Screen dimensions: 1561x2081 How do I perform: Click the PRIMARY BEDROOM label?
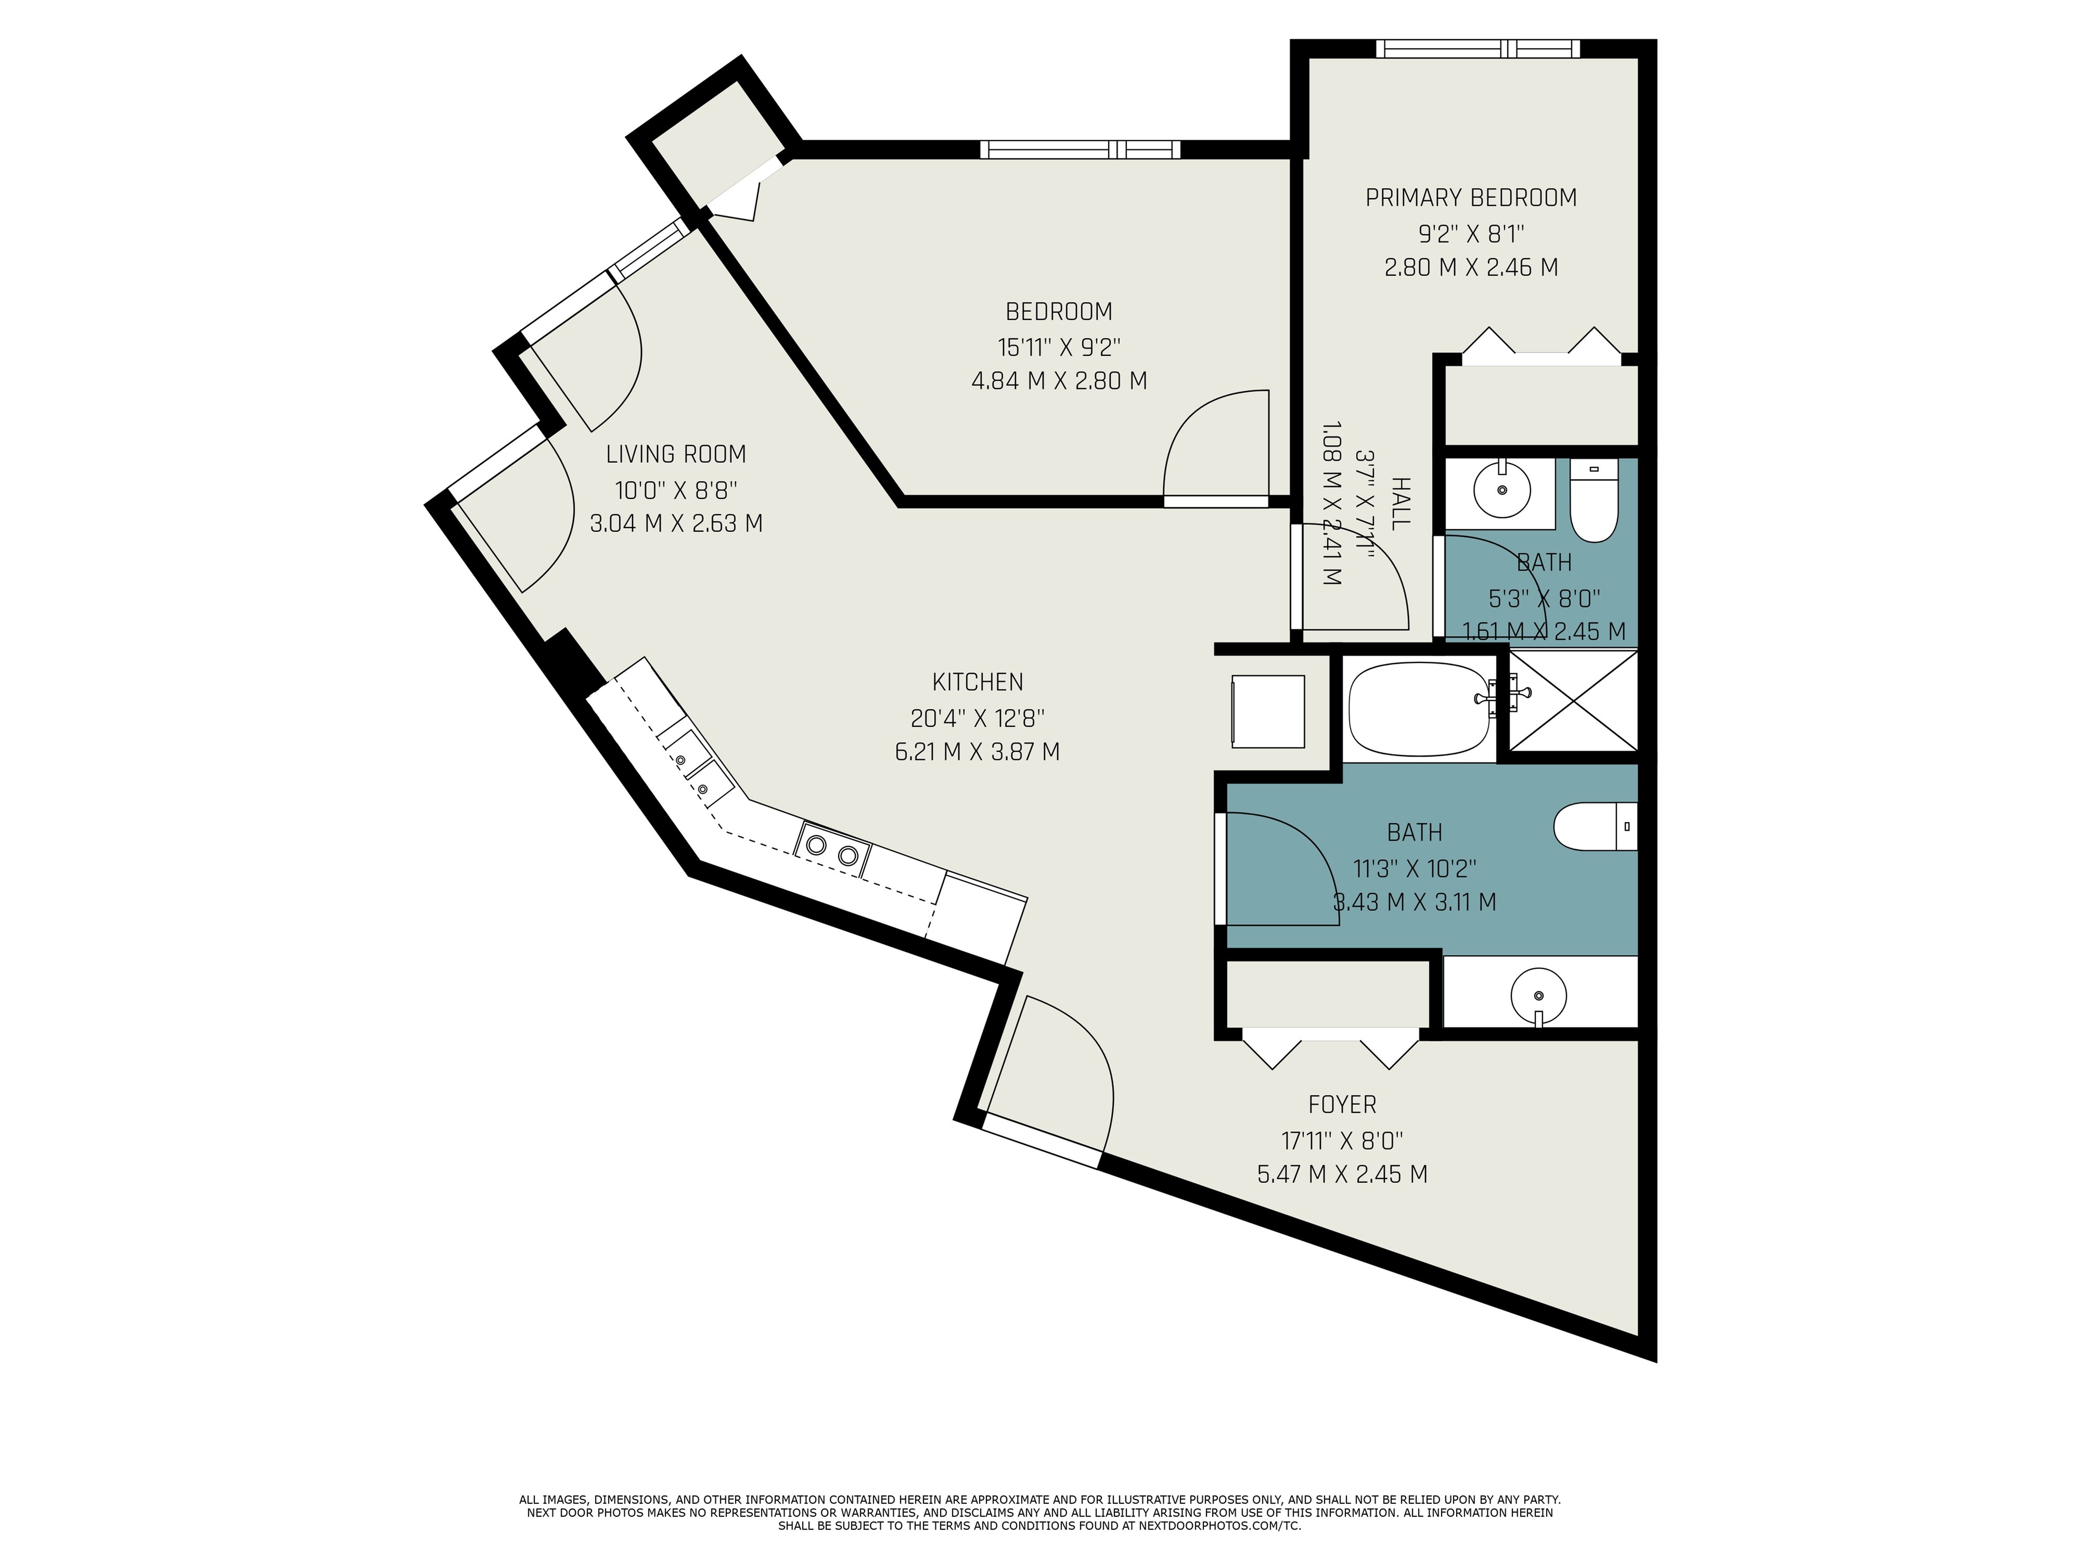click(1470, 198)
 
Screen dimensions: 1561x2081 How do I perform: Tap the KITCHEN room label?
click(978, 682)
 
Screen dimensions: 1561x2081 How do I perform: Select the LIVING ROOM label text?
click(675, 454)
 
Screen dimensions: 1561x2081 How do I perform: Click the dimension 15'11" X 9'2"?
click(1058, 347)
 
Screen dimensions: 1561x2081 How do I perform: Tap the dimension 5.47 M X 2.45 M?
click(1342, 1174)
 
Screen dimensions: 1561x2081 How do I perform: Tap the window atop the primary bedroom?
click(1477, 49)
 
